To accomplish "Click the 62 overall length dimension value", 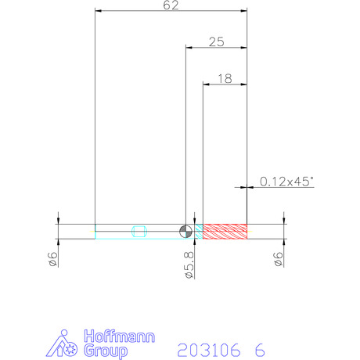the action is click(x=171, y=5).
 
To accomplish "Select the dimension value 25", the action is click(x=217, y=41).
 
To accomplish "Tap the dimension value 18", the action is click(x=225, y=78).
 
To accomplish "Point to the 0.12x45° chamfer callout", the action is click(x=286, y=182).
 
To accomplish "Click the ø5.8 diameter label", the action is click(x=189, y=265).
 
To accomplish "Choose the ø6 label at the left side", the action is click(x=53, y=259).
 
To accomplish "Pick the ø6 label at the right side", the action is click(x=279, y=259).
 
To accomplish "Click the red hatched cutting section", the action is click(x=225, y=232).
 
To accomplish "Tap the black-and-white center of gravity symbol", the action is click(x=185, y=232).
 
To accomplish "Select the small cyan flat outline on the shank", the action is click(x=139, y=232).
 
